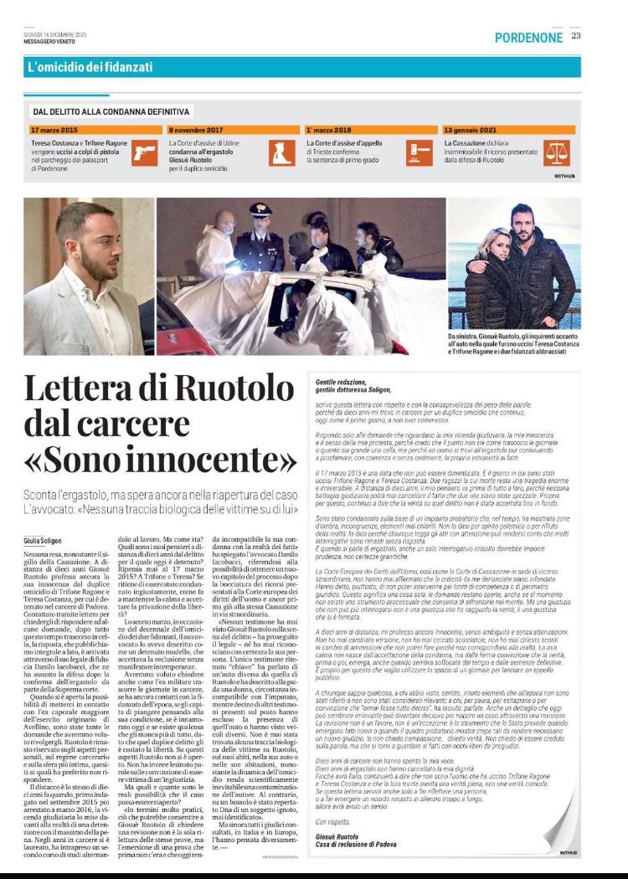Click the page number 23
pyautogui.click(x=576, y=36)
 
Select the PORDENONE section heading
pyautogui.click(x=528, y=39)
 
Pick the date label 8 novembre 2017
pyautogui.click(x=196, y=131)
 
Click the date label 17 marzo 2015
pyautogui.click(x=54, y=131)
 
